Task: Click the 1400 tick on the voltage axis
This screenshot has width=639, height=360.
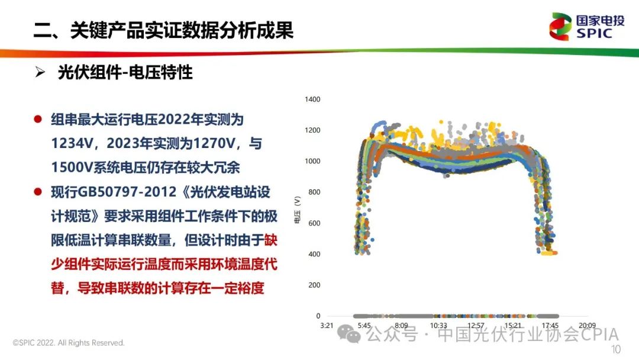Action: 312,99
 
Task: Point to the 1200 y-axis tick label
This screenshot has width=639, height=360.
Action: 312,130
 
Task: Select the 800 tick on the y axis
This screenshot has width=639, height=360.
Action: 314,192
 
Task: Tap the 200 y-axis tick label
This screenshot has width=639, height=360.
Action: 314,285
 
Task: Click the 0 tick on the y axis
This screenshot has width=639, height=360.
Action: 318,316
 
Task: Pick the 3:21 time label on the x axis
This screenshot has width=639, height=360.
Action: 327,325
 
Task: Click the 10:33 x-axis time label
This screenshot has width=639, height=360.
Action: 438,325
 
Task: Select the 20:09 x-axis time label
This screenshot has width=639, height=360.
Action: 588,325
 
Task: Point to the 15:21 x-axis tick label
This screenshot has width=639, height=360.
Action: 513,325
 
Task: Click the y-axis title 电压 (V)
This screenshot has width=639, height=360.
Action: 297,210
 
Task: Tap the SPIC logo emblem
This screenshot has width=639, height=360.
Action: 560,27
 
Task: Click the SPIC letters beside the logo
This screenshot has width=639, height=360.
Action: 594,33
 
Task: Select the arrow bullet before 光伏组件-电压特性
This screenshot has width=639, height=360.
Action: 40,72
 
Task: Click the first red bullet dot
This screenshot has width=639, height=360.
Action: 38,119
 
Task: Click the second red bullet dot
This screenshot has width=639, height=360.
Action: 38,192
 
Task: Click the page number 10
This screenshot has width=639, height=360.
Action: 615,349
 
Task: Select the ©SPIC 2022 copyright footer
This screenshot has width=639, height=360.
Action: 69,343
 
